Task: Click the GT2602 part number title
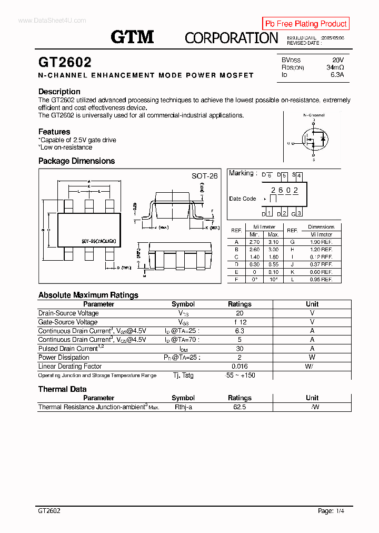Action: pos(65,62)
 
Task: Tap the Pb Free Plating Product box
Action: pos(306,24)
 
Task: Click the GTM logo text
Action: pos(132,37)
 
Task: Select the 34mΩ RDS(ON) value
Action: pos(335,67)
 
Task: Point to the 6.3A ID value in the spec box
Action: pos(337,75)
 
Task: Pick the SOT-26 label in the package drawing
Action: pos(204,176)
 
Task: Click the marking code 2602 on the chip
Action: pos(284,190)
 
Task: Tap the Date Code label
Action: pos(242,199)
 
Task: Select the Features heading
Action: pos(54,132)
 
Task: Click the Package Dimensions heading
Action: pos(76,161)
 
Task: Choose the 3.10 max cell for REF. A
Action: pos(273,242)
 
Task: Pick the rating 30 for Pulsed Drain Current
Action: pos(240,349)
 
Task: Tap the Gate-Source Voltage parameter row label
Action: pos(68,322)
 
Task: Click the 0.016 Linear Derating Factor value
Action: pos(240,366)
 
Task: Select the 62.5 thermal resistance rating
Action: pos(240,407)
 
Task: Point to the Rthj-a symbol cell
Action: pos(183,407)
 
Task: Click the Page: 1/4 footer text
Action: pos(331,511)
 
